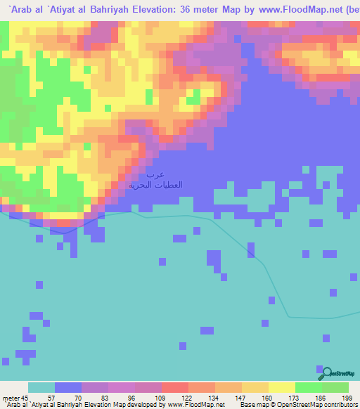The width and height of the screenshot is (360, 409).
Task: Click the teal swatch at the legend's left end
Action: coord(41,388)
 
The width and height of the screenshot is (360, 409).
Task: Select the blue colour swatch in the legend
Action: coord(67,388)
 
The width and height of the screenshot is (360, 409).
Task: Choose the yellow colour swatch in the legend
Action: coord(281,388)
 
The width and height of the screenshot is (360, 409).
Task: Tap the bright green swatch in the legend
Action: coord(308,388)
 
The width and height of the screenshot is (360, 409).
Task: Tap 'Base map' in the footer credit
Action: coord(252,404)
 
